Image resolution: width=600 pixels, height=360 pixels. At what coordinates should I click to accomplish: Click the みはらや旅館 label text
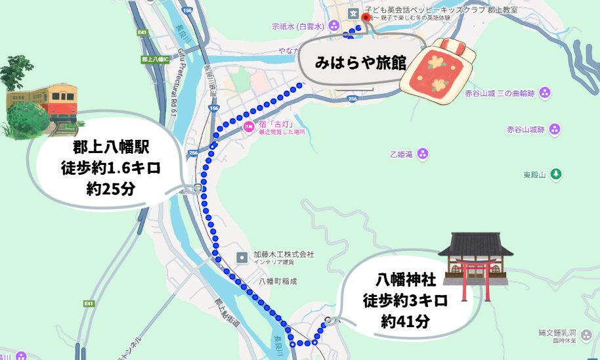360,63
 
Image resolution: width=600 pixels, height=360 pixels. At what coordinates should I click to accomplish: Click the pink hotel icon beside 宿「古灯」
248,126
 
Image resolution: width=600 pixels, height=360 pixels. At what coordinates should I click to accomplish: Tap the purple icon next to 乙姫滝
423,154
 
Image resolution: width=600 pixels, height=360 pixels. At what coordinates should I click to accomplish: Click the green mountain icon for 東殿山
557,175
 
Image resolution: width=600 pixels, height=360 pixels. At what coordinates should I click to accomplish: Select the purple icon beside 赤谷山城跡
555,129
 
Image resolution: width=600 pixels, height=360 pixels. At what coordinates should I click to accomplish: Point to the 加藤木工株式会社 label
284,254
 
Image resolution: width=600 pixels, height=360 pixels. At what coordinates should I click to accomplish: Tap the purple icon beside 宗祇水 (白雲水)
335,26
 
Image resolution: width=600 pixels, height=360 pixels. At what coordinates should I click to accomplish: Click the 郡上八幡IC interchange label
155,59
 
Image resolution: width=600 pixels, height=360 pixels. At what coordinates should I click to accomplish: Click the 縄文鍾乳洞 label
558,333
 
